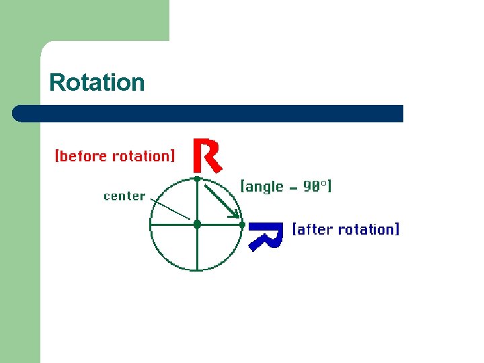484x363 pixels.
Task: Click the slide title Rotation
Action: point(97,82)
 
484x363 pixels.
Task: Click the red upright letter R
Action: point(206,155)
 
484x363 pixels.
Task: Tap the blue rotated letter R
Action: point(264,235)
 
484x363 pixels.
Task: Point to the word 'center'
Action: point(124,196)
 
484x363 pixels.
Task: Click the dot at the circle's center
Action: point(197,224)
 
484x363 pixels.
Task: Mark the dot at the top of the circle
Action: point(197,179)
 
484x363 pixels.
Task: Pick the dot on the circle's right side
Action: point(242,224)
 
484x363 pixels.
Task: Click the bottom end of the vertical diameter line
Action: point(197,269)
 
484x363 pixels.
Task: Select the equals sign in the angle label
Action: point(294,188)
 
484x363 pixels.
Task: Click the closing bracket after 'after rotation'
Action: point(397,229)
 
